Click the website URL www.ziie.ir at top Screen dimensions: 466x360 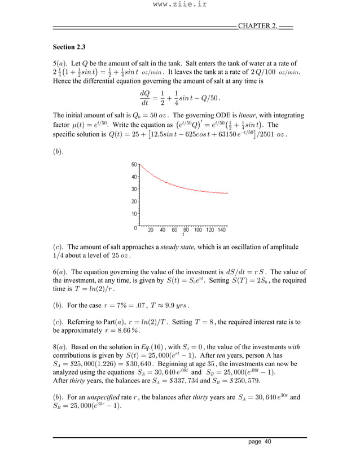click(179, 7)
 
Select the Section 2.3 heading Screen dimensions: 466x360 click(69, 46)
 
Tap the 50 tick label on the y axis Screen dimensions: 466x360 click(134, 165)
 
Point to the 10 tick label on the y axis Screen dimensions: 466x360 click(134, 214)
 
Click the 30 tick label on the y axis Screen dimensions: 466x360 click(134, 189)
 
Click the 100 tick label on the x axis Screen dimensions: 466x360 click(198, 230)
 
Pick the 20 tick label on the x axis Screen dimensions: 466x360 click(151, 230)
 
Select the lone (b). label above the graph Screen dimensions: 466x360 click(58, 153)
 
